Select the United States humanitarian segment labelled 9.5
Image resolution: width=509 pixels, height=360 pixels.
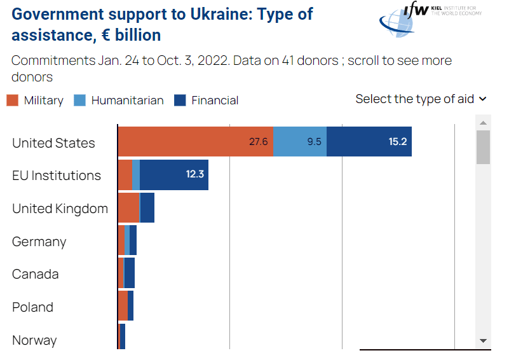(x=299, y=141)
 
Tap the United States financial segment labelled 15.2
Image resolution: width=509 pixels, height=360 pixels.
(x=369, y=141)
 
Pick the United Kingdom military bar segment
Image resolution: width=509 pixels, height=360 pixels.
(x=128, y=207)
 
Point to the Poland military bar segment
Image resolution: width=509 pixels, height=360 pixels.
(x=123, y=306)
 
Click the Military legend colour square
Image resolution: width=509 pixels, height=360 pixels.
(x=12, y=100)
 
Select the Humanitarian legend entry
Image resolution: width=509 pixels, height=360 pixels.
(x=119, y=100)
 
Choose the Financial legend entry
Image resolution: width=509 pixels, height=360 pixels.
(x=207, y=100)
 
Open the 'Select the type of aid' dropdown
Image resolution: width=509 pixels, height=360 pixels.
(x=421, y=99)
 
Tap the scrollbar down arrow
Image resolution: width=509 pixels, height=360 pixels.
(x=483, y=341)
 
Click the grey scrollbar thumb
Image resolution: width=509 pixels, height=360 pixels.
(x=483, y=146)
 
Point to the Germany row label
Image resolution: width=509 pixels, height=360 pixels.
(x=39, y=242)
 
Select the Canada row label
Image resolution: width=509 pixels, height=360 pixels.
(x=36, y=274)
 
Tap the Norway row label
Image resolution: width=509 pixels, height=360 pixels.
(x=34, y=340)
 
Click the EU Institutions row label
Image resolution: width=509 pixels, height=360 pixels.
(x=57, y=176)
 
